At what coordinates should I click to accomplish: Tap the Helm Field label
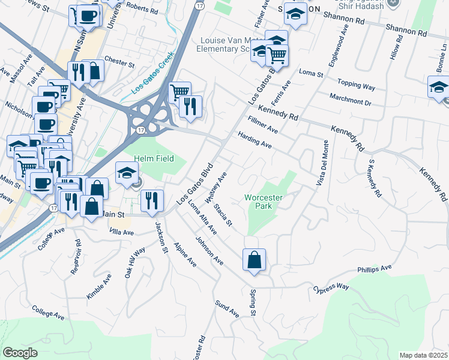[x=154, y=158]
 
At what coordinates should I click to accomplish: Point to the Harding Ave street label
[x=255, y=140]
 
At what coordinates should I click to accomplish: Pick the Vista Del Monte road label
[x=320, y=163]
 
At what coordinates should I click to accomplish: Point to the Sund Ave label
[x=228, y=308]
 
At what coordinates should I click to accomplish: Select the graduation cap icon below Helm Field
[x=127, y=173]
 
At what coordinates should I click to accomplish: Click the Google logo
[x=20, y=353]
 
